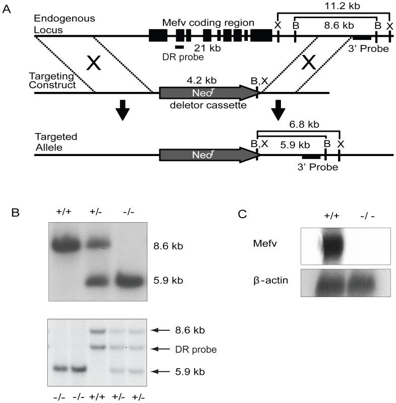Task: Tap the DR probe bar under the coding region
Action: (180, 46)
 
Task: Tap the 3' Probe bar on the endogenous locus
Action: (362, 38)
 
